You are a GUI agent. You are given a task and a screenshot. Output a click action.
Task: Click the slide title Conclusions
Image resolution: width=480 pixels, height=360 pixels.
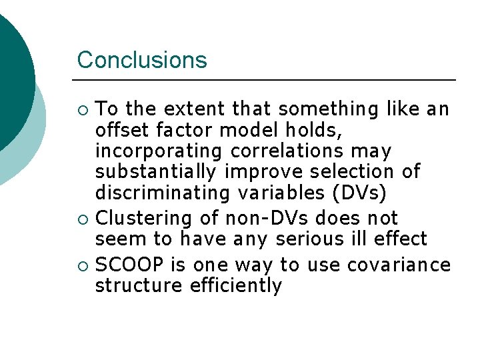click(142, 60)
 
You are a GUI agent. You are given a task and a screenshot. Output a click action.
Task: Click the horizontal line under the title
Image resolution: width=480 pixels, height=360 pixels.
click(267, 80)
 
